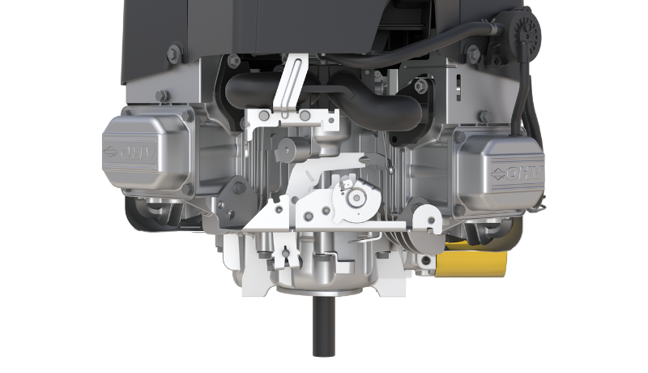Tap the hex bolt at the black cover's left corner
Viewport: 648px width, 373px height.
[173, 54]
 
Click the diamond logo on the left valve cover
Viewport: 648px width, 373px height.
[110, 152]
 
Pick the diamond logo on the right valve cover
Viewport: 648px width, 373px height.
[495, 171]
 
